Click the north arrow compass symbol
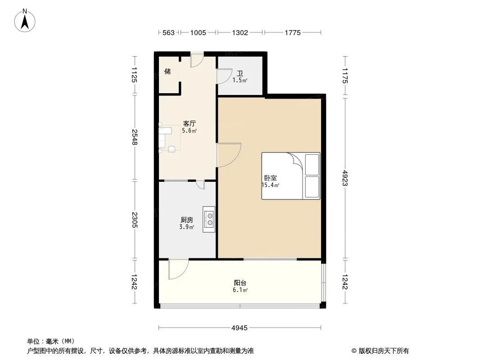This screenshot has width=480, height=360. tap(25, 21)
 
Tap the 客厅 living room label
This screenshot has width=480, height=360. tap(189, 124)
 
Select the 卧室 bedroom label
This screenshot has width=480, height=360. tap(271, 178)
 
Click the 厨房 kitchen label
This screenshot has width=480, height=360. tap(187, 220)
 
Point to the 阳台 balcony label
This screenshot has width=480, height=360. tap(240, 283)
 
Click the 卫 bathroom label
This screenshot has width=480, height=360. tap(240, 73)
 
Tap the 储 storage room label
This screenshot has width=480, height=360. tap(168, 71)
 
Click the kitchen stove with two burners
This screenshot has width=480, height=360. tap(209, 219)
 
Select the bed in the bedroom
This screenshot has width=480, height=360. tap(291, 176)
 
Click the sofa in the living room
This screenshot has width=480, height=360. tap(162, 137)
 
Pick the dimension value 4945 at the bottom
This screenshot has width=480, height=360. tap(240, 328)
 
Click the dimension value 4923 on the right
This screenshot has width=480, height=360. tap(345, 178)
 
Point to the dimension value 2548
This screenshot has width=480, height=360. tap(134, 137)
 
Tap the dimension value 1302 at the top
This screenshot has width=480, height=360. tap(240, 32)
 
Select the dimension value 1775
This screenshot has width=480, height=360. tap(293, 32)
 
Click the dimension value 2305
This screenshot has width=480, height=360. tap(134, 220)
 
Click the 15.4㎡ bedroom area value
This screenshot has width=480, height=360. tap(270, 185)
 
